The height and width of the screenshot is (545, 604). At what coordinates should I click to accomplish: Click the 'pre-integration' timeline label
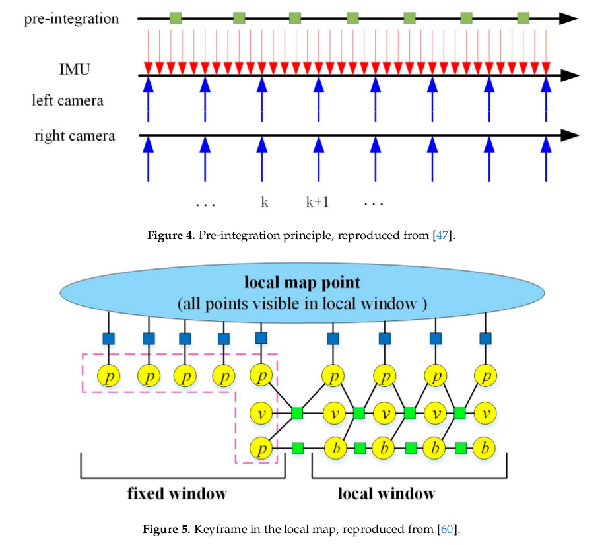click(71, 18)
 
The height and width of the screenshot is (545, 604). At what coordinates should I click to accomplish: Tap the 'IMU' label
click(74, 68)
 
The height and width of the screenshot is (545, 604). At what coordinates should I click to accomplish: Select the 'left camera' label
click(67, 100)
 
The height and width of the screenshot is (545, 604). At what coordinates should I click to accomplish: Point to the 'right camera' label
click(75, 136)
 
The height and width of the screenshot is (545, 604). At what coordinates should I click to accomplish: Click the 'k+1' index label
click(318, 201)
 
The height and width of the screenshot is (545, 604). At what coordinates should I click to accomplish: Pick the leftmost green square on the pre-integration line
click(176, 18)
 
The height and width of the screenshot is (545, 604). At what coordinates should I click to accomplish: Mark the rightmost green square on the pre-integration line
click(523, 18)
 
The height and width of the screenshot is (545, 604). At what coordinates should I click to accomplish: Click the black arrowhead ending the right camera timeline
click(569, 136)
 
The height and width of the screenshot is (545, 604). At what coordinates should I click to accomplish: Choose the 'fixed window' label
click(177, 493)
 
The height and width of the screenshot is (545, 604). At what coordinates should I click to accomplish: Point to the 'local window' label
click(386, 493)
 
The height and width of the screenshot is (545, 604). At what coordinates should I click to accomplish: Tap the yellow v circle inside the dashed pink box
click(261, 414)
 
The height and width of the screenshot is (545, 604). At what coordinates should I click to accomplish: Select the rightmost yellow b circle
click(487, 448)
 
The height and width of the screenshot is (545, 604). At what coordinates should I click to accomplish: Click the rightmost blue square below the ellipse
click(487, 338)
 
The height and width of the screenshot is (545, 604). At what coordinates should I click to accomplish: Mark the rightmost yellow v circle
click(487, 414)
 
